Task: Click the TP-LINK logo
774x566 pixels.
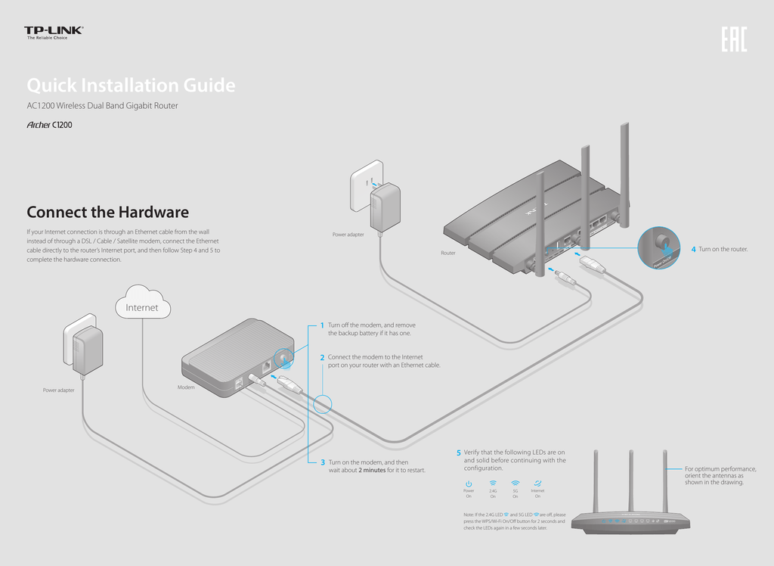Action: tap(54, 32)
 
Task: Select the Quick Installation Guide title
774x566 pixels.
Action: tap(131, 86)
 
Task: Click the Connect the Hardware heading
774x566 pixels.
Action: tap(107, 213)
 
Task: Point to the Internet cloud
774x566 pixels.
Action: tap(142, 305)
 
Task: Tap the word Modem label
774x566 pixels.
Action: tap(187, 387)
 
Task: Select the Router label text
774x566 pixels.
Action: tap(448, 253)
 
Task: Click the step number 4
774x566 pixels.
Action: tap(693, 249)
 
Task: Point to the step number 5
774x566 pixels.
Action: tap(458, 453)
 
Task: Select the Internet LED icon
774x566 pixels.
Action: tap(537, 483)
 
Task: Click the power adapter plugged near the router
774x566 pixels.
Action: tap(385, 205)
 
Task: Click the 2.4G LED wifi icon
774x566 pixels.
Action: tap(493, 483)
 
